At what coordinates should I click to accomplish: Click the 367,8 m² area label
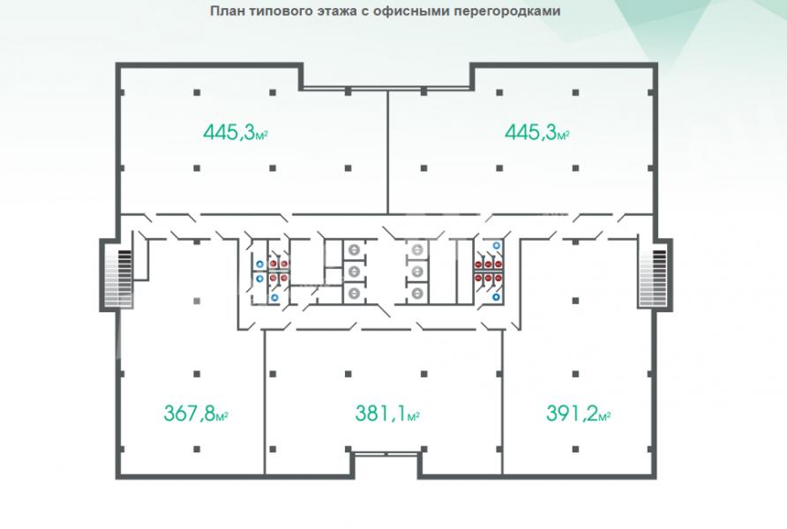196,414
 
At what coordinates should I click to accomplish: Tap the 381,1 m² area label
387,414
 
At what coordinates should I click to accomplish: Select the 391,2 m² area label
578,414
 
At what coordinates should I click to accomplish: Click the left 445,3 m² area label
236,132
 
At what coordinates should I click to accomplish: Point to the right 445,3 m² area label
537,132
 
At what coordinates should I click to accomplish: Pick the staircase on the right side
653,278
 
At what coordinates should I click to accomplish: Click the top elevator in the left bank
355,250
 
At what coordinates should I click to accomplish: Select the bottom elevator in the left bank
355,293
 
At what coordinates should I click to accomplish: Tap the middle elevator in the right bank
417,272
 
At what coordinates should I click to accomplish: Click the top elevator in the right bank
417,250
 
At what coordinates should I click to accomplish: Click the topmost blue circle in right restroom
497,245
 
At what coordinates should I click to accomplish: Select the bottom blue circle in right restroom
497,297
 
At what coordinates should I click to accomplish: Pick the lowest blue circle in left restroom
274,298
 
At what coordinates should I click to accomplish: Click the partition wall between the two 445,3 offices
387,152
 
